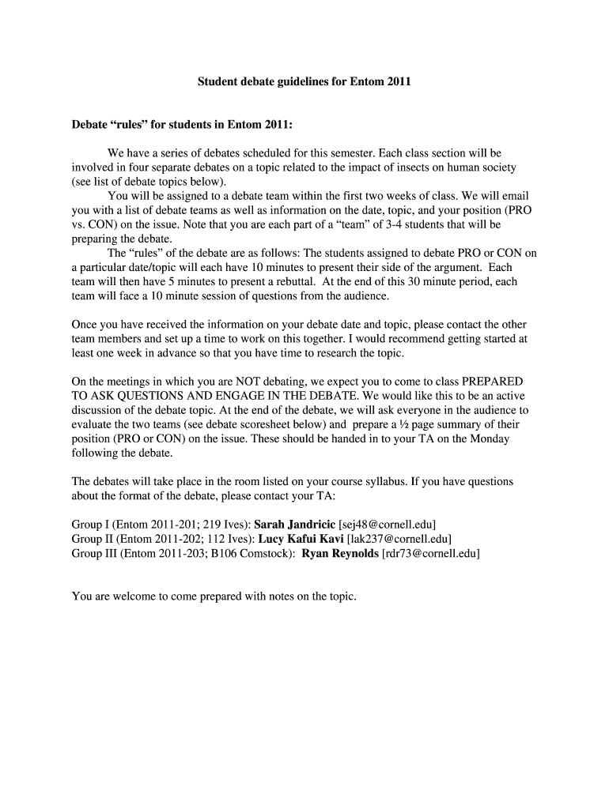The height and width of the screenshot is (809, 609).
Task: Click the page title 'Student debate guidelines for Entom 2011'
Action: click(x=304, y=81)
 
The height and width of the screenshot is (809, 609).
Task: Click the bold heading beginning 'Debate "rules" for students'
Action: click(x=182, y=124)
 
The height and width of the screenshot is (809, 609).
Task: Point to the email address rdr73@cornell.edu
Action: click(x=430, y=554)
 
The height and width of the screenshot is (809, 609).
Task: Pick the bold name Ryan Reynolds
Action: click(x=340, y=554)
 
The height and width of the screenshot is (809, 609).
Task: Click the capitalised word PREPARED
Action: click(x=492, y=382)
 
